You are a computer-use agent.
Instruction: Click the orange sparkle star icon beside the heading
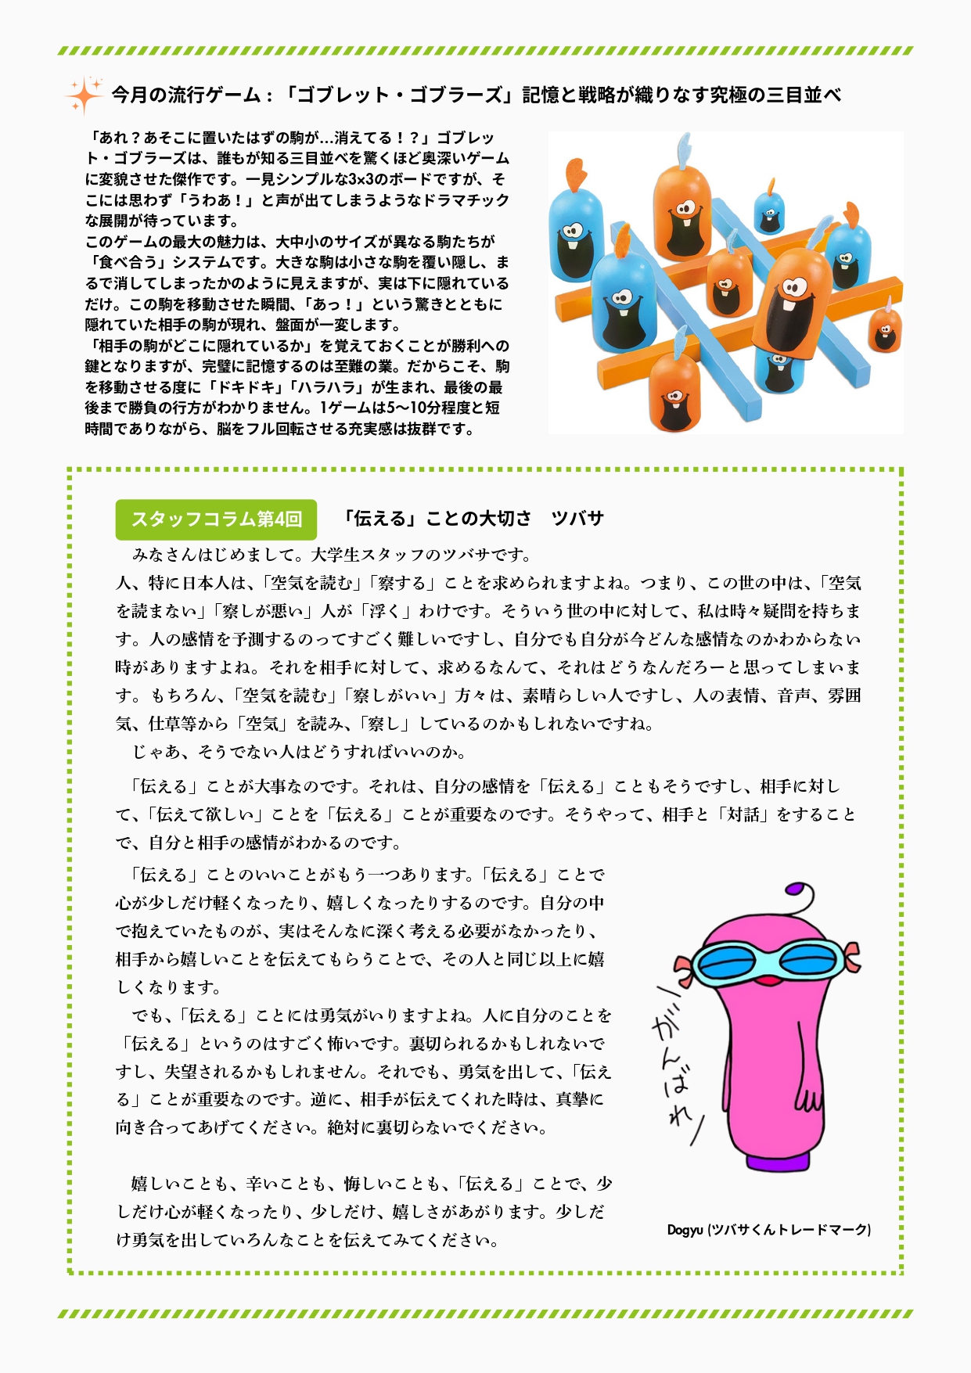point(84,95)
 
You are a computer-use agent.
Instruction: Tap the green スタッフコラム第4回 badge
point(216,519)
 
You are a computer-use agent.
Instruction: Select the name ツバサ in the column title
point(577,519)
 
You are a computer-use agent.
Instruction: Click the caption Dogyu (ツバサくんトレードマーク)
point(768,1230)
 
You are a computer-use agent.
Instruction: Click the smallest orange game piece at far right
point(885,332)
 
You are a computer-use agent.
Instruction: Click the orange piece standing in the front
point(674,393)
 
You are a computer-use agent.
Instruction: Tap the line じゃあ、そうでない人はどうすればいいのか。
point(300,753)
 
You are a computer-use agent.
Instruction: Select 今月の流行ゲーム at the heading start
point(185,95)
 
